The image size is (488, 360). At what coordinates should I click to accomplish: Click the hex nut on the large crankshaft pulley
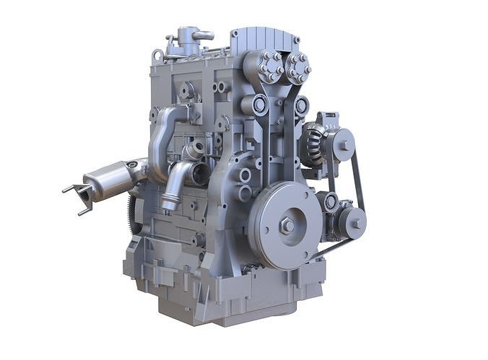tap(287, 226)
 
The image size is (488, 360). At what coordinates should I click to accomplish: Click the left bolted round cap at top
tap(270, 66)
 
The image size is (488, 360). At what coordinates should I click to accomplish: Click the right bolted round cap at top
tap(297, 68)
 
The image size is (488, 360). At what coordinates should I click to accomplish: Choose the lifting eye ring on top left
tap(157, 54)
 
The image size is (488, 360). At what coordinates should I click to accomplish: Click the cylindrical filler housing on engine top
tap(189, 40)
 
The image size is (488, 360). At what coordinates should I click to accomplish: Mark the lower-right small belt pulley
tap(353, 223)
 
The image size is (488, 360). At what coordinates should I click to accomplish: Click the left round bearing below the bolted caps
tap(261, 105)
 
